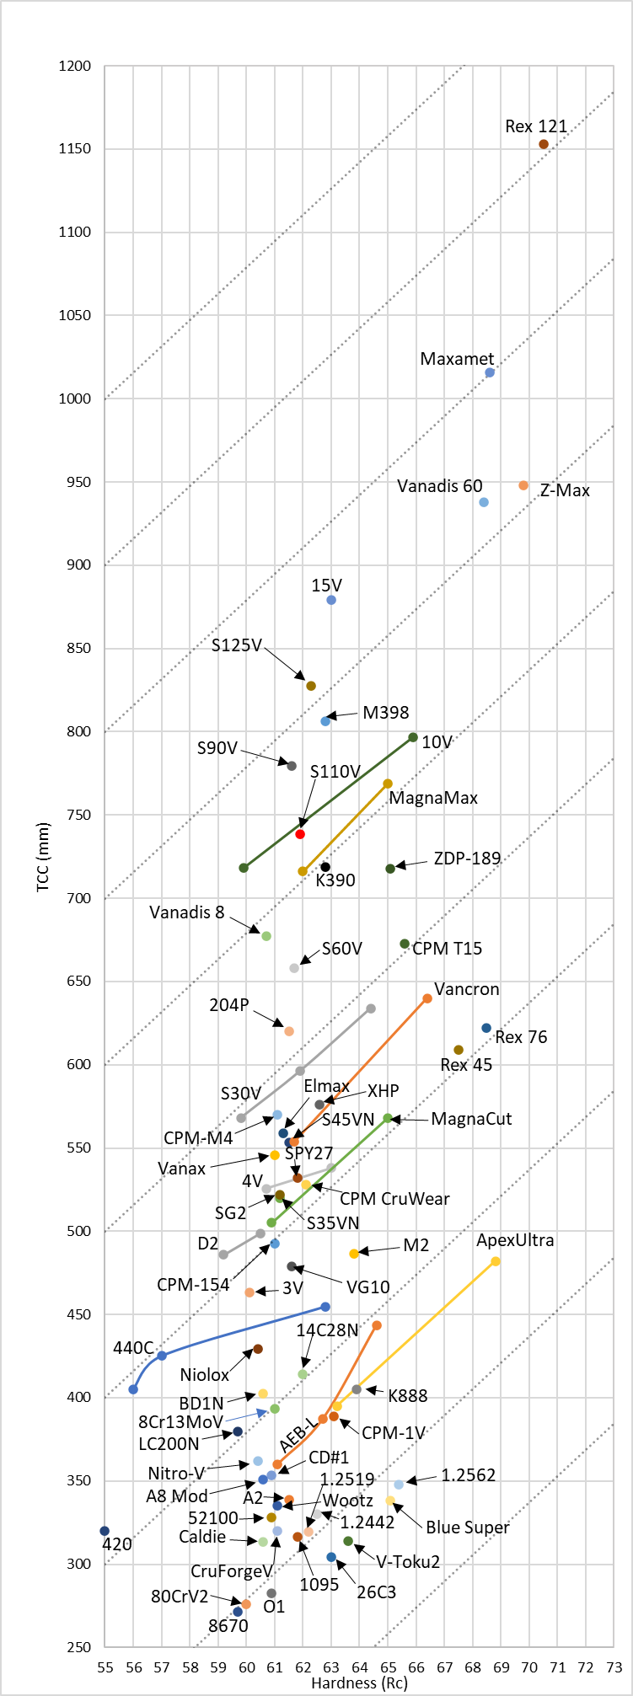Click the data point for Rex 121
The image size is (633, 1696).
pyautogui.click(x=544, y=144)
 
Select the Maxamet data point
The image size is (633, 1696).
pyautogui.click(x=490, y=372)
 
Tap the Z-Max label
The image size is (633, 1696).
pyautogui.click(x=565, y=490)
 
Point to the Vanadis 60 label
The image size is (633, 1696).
pyautogui.click(x=440, y=486)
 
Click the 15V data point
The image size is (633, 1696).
pyautogui.click(x=331, y=600)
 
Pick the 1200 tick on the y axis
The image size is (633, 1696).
pyautogui.click(x=75, y=66)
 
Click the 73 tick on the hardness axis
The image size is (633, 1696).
pyautogui.click(x=614, y=1667)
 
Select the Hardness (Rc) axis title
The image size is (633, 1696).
pyautogui.click(x=359, y=1683)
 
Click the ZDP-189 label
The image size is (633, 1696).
pyautogui.click(x=467, y=859)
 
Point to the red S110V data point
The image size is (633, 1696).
pyautogui.click(x=300, y=833)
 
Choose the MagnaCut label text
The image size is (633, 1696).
pyautogui.click(x=471, y=1119)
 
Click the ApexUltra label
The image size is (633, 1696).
pyautogui.click(x=515, y=1240)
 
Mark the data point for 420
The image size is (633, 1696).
pyautogui.click(x=105, y=1531)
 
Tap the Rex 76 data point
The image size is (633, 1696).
pyautogui.click(x=486, y=1028)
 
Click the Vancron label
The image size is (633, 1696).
pyautogui.click(x=467, y=989)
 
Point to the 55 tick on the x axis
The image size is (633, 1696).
pyautogui.click(x=105, y=1667)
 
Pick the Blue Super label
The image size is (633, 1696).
pyautogui.click(x=468, y=1527)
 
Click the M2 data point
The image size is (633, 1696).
pyautogui.click(x=354, y=1254)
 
